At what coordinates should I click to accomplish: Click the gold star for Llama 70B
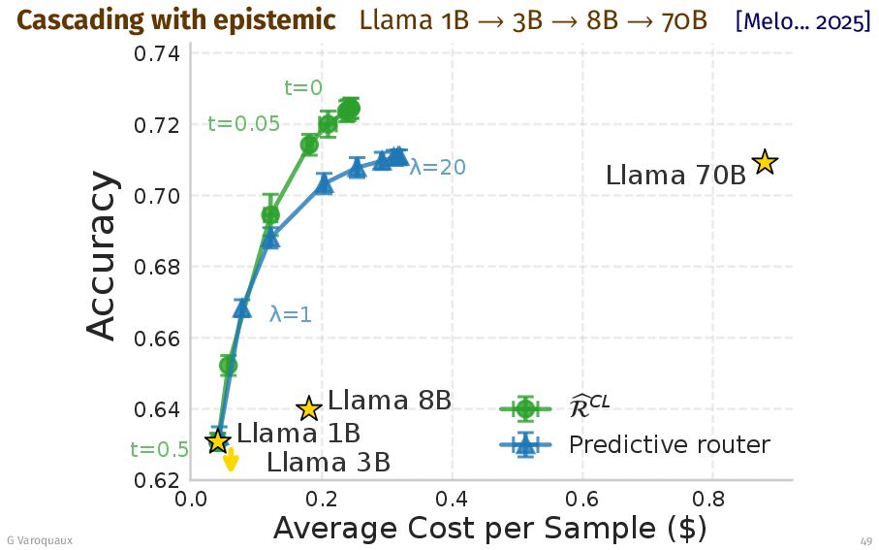tap(765, 163)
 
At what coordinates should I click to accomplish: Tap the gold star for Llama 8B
tap(308, 409)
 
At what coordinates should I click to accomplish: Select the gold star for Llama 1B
tap(217, 441)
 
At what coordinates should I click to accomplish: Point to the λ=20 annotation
tap(437, 168)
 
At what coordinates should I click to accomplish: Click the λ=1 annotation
tap(290, 315)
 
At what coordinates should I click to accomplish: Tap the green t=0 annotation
tap(303, 88)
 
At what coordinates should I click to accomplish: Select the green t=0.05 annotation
tap(243, 124)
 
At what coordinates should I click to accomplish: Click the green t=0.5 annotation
tap(159, 450)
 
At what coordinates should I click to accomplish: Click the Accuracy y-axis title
tap(102, 257)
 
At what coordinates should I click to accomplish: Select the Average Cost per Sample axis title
tap(489, 530)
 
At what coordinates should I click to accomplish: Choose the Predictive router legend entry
tap(669, 445)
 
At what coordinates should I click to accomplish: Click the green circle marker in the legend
tap(525, 408)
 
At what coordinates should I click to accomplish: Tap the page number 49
tap(865, 540)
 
